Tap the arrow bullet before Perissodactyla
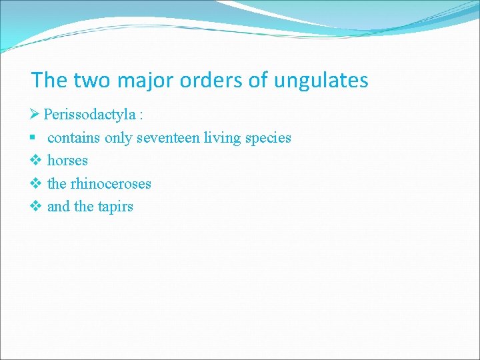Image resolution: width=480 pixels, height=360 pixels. [36, 115]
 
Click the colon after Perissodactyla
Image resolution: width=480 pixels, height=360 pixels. [141, 115]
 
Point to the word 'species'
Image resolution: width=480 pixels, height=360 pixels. [268, 138]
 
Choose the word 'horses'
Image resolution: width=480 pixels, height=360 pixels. [67, 161]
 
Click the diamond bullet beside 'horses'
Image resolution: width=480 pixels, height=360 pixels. [36, 161]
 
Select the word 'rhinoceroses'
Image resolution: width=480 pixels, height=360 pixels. [110, 183]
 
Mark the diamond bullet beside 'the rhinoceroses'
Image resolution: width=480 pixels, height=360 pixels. [36, 183]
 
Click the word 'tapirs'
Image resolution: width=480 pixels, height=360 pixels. [115, 207]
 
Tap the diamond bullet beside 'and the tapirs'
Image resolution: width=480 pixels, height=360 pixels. [36, 207]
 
